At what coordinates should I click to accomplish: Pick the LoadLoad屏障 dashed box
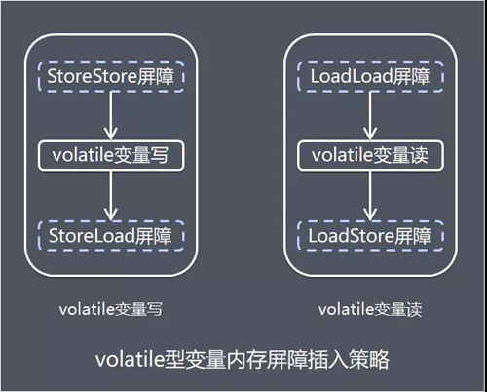click(369, 75)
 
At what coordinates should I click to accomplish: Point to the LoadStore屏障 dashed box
click(369, 235)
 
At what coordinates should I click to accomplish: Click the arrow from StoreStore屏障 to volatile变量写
click(111, 115)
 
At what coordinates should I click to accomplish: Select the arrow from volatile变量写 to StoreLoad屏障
click(111, 195)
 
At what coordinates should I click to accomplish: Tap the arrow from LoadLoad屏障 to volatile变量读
click(369, 115)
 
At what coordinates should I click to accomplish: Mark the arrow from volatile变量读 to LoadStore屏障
click(369, 195)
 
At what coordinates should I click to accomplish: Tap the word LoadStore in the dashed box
click(349, 235)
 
